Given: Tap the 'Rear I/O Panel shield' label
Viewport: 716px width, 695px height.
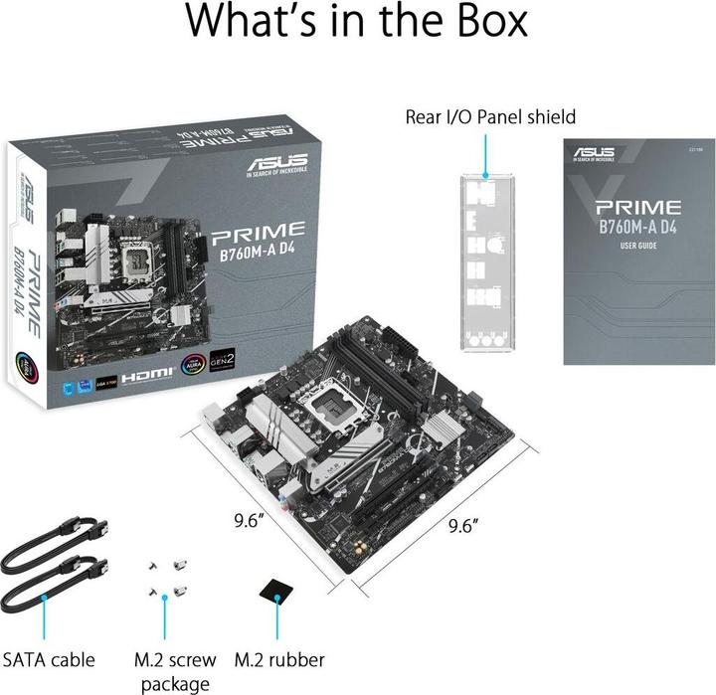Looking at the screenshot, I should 490,116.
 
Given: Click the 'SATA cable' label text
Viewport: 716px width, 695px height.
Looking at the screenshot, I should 49,659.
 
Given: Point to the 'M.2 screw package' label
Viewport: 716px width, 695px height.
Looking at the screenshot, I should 175,671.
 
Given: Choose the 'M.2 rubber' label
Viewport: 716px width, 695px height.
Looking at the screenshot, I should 279,659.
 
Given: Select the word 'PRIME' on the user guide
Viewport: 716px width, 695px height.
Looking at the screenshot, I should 637,208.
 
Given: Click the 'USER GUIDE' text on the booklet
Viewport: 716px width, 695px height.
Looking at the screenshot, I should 637,245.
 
